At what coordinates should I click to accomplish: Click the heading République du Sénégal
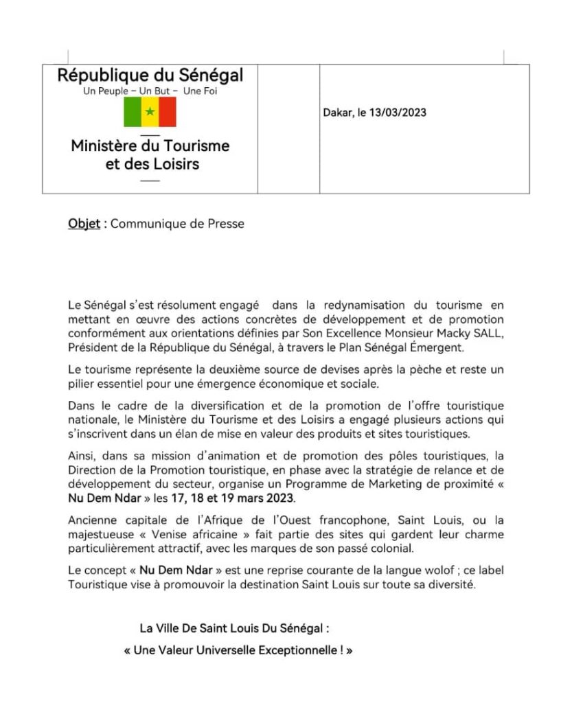150,75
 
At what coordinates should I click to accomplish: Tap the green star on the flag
150,112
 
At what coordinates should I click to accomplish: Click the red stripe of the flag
168,112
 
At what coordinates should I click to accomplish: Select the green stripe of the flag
133,112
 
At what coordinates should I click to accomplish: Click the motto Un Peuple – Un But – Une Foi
149,91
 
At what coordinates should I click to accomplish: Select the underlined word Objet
84,224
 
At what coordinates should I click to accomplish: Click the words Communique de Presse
177,224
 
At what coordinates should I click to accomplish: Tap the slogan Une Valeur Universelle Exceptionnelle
238,649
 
